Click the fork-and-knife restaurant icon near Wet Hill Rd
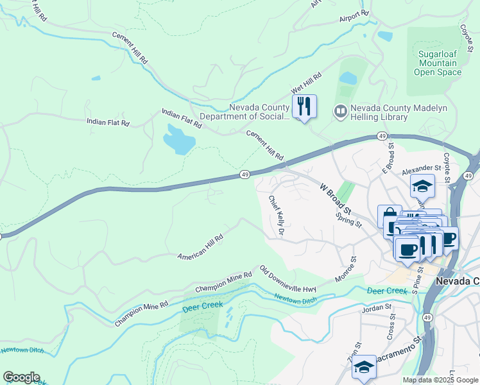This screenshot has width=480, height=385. (304, 107)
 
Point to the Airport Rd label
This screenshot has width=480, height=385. (355, 14)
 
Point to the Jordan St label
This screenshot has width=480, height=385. (377, 307)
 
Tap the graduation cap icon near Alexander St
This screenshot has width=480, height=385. (422, 186)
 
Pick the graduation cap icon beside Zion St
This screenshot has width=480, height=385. (364, 367)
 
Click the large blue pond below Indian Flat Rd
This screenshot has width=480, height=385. (179, 139)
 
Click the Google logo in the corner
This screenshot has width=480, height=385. (21, 377)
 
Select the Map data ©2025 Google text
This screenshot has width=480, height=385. (440, 380)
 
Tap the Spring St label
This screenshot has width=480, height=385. (349, 218)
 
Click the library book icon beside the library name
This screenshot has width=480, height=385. (339, 112)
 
